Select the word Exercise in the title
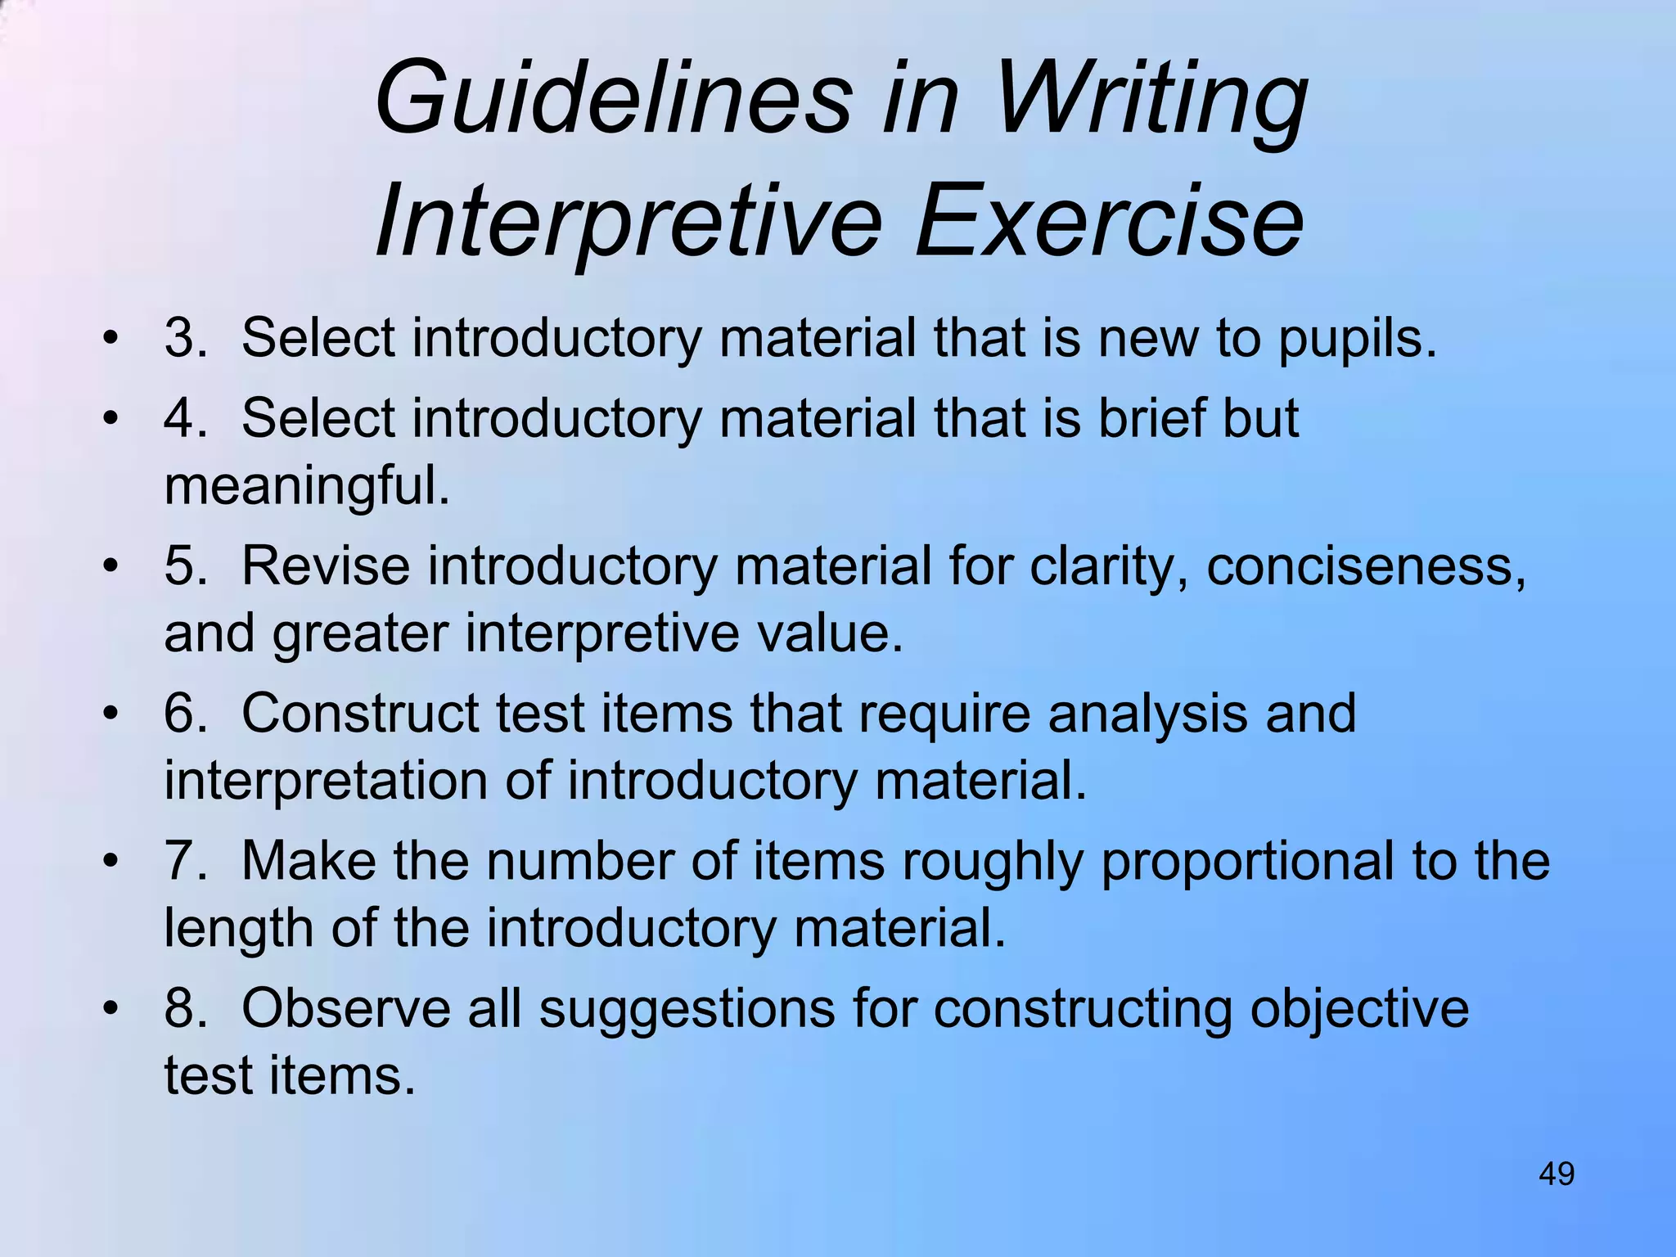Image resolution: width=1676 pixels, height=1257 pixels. click(x=1109, y=221)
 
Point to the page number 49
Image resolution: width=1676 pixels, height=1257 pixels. click(x=1557, y=1174)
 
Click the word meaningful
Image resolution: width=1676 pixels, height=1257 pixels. click(x=307, y=486)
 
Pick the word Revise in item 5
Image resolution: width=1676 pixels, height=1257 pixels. click(x=326, y=565)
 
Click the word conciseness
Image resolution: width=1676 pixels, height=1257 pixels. click(x=1366, y=565)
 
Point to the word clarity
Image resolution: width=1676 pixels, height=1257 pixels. click(x=1109, y=567)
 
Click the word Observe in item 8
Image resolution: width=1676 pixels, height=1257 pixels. click(x=346, y=1007)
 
